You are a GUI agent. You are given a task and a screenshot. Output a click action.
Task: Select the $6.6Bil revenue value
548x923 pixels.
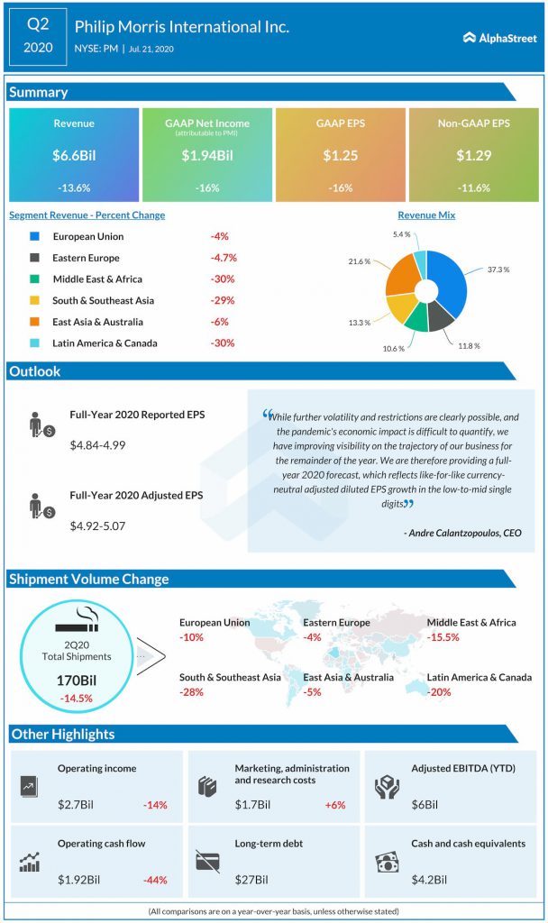click(x=74, y=156)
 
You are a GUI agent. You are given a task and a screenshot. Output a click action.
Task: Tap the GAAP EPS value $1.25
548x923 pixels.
click(x=341, y=156)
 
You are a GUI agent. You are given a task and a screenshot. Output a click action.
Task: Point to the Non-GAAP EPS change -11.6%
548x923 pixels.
click(x=473, y=187)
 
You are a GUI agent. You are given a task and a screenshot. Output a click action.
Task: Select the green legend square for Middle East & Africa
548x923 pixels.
click(x=34, y=279)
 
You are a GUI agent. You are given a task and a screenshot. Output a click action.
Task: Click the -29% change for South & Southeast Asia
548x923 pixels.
click(x=222, y=300)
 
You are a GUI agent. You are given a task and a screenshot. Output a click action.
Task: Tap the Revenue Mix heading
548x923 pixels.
click(x=426, y=215)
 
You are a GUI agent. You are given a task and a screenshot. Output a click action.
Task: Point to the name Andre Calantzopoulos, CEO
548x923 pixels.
click(x=462, y=533)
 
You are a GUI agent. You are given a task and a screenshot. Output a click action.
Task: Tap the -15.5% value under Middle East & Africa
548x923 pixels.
click(x=443, y=637)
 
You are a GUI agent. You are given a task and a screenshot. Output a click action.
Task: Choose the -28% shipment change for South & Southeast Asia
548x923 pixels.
click(x=191, y=692)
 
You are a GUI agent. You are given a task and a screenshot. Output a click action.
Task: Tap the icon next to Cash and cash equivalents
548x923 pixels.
click(x=387, y=863)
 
